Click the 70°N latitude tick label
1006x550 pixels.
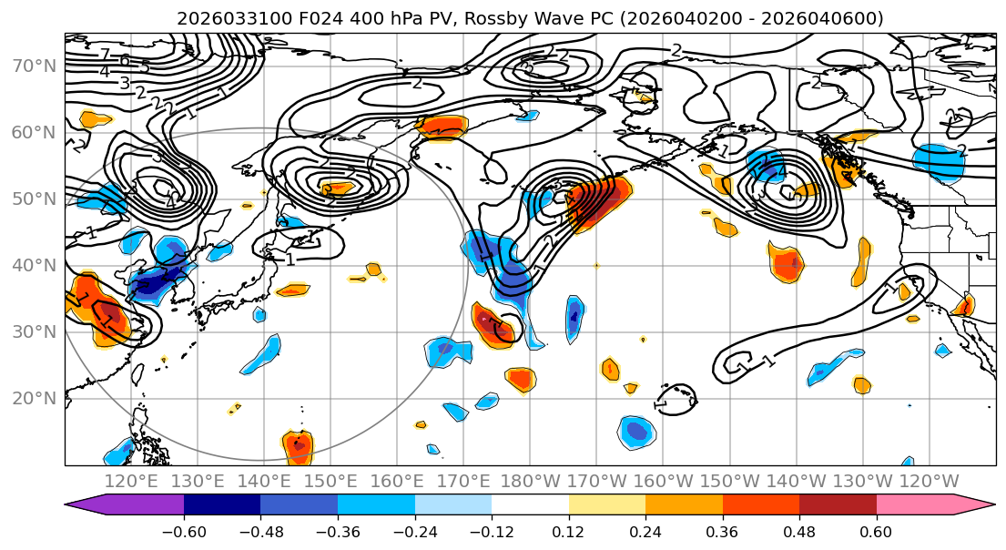tap(33, 66)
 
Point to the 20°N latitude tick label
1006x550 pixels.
tap(33, 399)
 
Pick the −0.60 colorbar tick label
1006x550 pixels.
tap(183, 530)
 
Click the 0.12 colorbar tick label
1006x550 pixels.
tap(569, 530)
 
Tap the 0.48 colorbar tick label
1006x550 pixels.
tap(799, 530)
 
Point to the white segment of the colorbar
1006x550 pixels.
tap(530, 505)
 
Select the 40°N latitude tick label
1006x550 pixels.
tap(33, 266)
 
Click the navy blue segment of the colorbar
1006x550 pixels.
tap(221, 505)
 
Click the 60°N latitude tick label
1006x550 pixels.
tap(33, 133)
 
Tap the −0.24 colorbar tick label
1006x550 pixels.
tap(413, 530)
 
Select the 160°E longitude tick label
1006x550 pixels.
tap(398, 481)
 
